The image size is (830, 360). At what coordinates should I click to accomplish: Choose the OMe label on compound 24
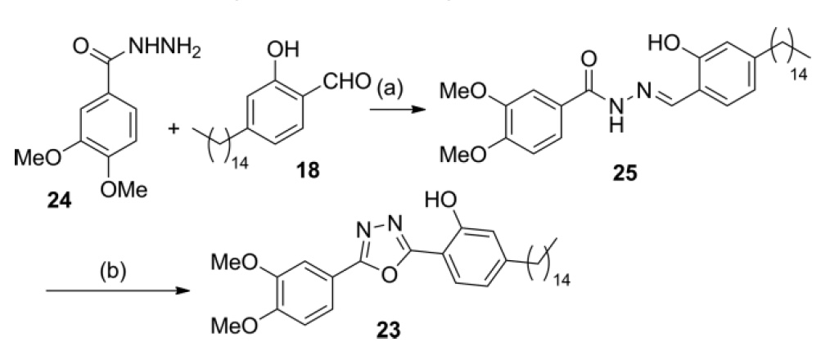point(127,190)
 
